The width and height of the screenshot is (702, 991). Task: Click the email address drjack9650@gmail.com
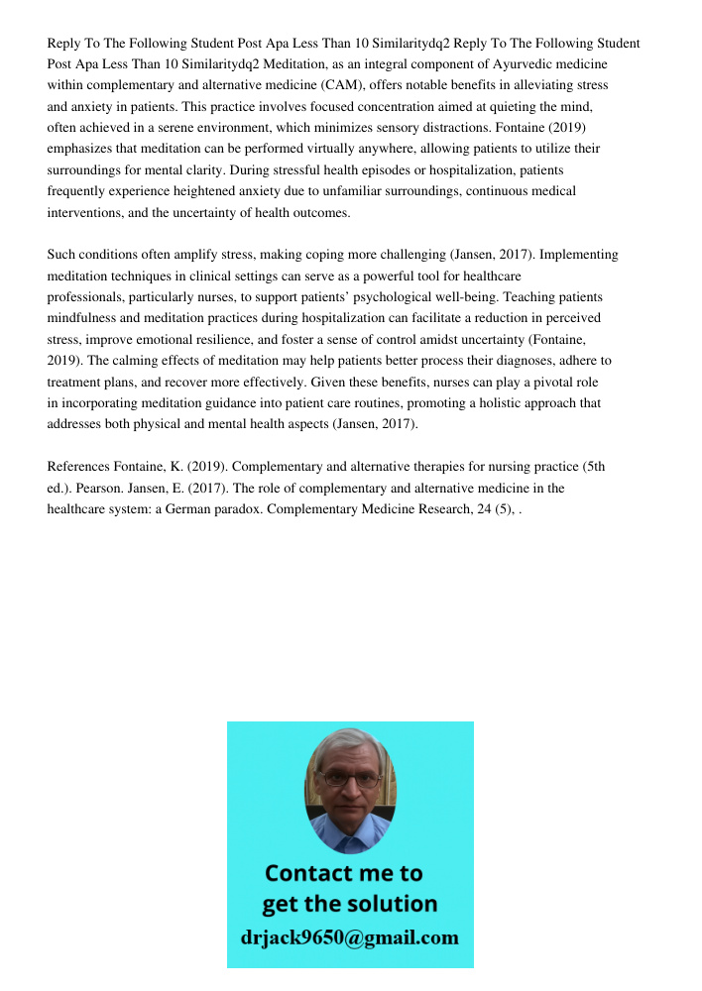[x=349, y=937]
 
